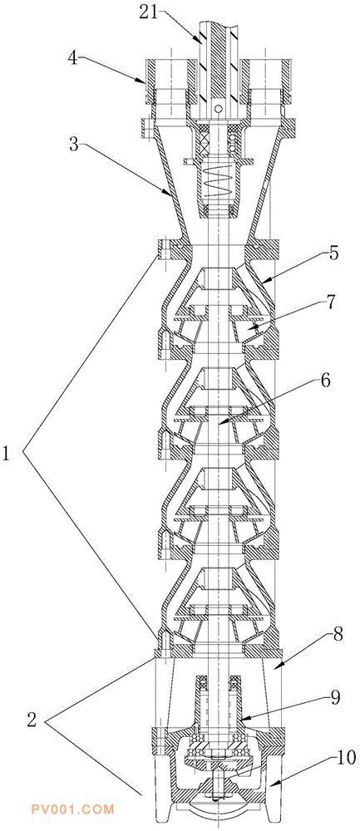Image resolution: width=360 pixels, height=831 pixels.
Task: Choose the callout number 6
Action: [x=326, y=380]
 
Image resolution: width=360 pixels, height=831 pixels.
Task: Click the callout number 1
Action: [x=7, y=455]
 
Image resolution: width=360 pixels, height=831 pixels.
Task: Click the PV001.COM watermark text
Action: [x=72, y=809]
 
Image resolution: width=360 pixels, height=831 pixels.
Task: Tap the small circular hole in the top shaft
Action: [x=217, y=109]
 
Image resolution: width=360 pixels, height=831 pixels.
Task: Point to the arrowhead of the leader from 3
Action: [x=170, y=195]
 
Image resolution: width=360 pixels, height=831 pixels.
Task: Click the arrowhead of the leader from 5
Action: [x=263, y=283]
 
